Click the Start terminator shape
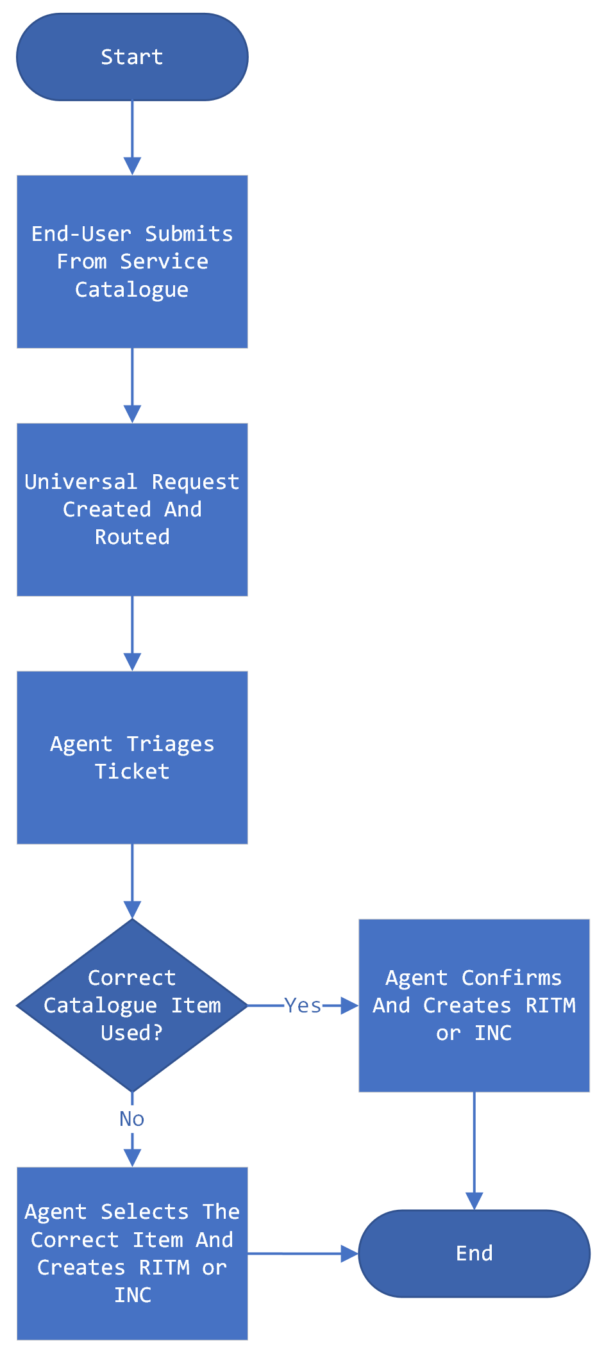pyautogui.click(x=132, y=57)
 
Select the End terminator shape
pyautogui.click(x=474, y=1253)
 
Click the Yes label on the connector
pyautogui.click(x=303, y=1005)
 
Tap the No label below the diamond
pyautogui.click(x=132, y=1118)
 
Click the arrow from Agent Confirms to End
pyautogui.click(x=474, y=1150)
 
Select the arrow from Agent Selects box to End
pyautogui.click(x=301, y=1253)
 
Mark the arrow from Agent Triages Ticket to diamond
pyautogui.click(x=132, y=881)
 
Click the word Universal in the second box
pyautogui.click(x=81, y=482)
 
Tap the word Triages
pyautogui.click(x=170, y=744)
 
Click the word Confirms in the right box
pyautogui.click(x=511, y=978)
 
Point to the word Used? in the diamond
pyautogui.click(x=132, y=1033)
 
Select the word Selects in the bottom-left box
pyautogui.click(x=144, y=1212)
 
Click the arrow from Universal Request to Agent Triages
pyautogui.click(x=132, y=633)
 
